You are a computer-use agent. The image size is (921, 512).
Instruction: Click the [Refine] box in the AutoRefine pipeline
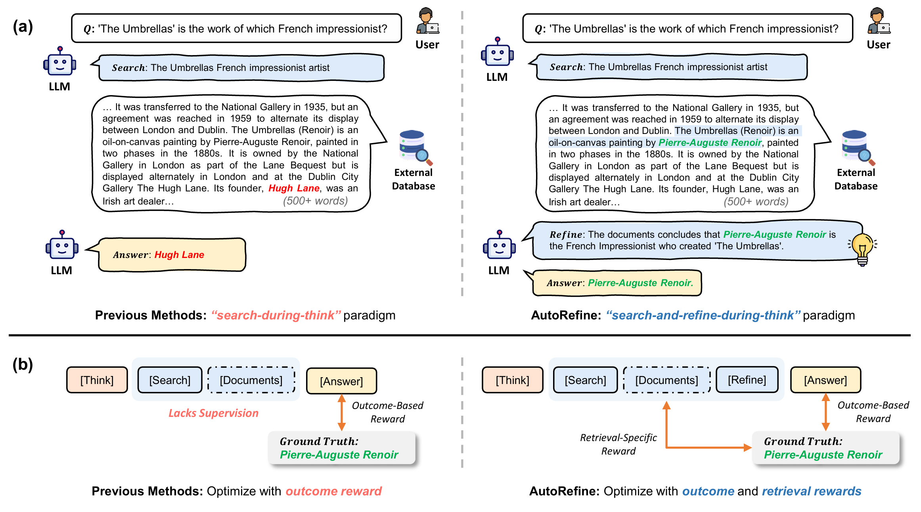pos(747,380)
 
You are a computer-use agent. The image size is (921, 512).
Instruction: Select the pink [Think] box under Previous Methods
pos(97,380)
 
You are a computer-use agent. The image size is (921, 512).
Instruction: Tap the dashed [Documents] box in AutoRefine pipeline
pos(666,380)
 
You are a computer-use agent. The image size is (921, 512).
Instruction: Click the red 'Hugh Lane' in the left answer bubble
pos(179,255)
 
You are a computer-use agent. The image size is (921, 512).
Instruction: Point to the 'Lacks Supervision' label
pos(213,413)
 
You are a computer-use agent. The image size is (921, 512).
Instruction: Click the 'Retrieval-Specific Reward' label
pos(618,444)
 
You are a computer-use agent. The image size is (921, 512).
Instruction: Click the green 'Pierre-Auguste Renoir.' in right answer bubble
pos(640,283)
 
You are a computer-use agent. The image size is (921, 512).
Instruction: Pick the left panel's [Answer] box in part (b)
pos(341,381)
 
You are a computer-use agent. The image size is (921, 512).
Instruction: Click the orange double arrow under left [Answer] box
pos(341,413)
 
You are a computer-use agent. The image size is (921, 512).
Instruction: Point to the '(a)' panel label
pos(23,27)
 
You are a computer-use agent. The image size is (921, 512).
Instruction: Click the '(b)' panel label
pos(23,364)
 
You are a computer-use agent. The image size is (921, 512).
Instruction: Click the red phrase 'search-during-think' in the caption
pos(276,315)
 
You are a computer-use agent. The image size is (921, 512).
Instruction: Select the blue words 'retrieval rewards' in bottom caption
pos(811,491)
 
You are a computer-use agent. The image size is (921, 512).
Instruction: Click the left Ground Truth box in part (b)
pos(341,448)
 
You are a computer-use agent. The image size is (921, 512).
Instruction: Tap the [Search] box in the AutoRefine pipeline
pos(585,380)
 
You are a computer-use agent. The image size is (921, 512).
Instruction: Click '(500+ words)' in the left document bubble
pos(315,201)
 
